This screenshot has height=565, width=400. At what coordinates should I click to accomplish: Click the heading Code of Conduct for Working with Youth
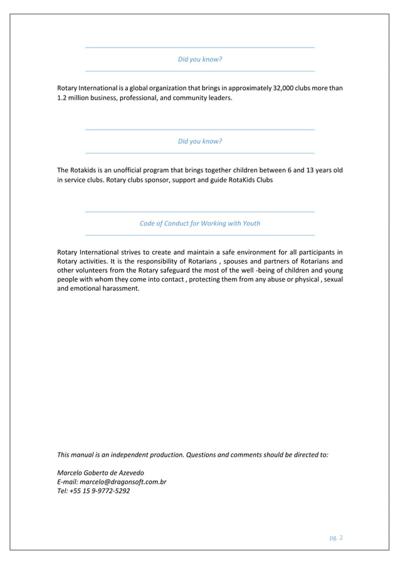click(x=199, y=223)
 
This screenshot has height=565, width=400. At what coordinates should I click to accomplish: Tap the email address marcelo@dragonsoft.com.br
click(x=124, y=482)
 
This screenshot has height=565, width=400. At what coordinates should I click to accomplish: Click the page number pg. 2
click(x=336, y=537)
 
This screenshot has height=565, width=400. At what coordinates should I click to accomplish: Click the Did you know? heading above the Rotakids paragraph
click(x=199, y=141)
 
